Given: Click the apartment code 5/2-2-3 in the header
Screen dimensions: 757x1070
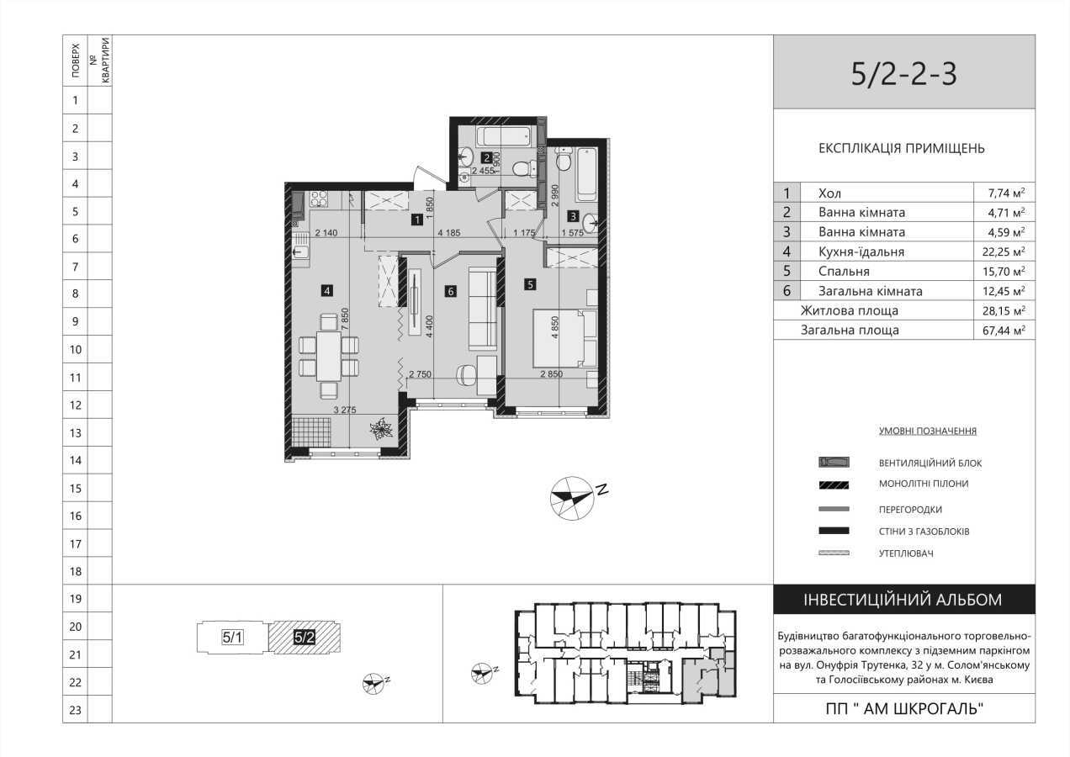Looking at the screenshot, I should (903, 74).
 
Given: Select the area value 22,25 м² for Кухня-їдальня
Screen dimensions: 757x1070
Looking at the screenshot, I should (1005, 251).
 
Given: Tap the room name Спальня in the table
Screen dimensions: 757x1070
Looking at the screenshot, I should (844, 272).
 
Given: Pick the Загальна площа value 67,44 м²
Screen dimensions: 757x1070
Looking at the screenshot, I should (1005, 331).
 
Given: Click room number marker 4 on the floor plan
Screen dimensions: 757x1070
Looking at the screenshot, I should (327, 291).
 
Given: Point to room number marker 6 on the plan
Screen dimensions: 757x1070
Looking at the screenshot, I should (451, 292).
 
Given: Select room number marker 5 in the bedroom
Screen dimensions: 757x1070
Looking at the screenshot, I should (530, 284).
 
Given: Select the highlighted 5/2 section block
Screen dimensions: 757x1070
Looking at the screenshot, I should (305, 638).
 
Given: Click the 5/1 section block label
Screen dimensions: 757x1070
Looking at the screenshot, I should (233, 638).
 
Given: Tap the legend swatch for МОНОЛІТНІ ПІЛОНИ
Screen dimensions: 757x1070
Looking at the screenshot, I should (834, 484).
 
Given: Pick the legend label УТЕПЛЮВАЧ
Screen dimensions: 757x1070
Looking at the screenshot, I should (907, 553).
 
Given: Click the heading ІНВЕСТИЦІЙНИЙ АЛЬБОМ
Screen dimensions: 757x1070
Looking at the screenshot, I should (903, 600).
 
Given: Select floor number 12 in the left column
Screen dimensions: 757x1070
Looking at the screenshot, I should (75, 405).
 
